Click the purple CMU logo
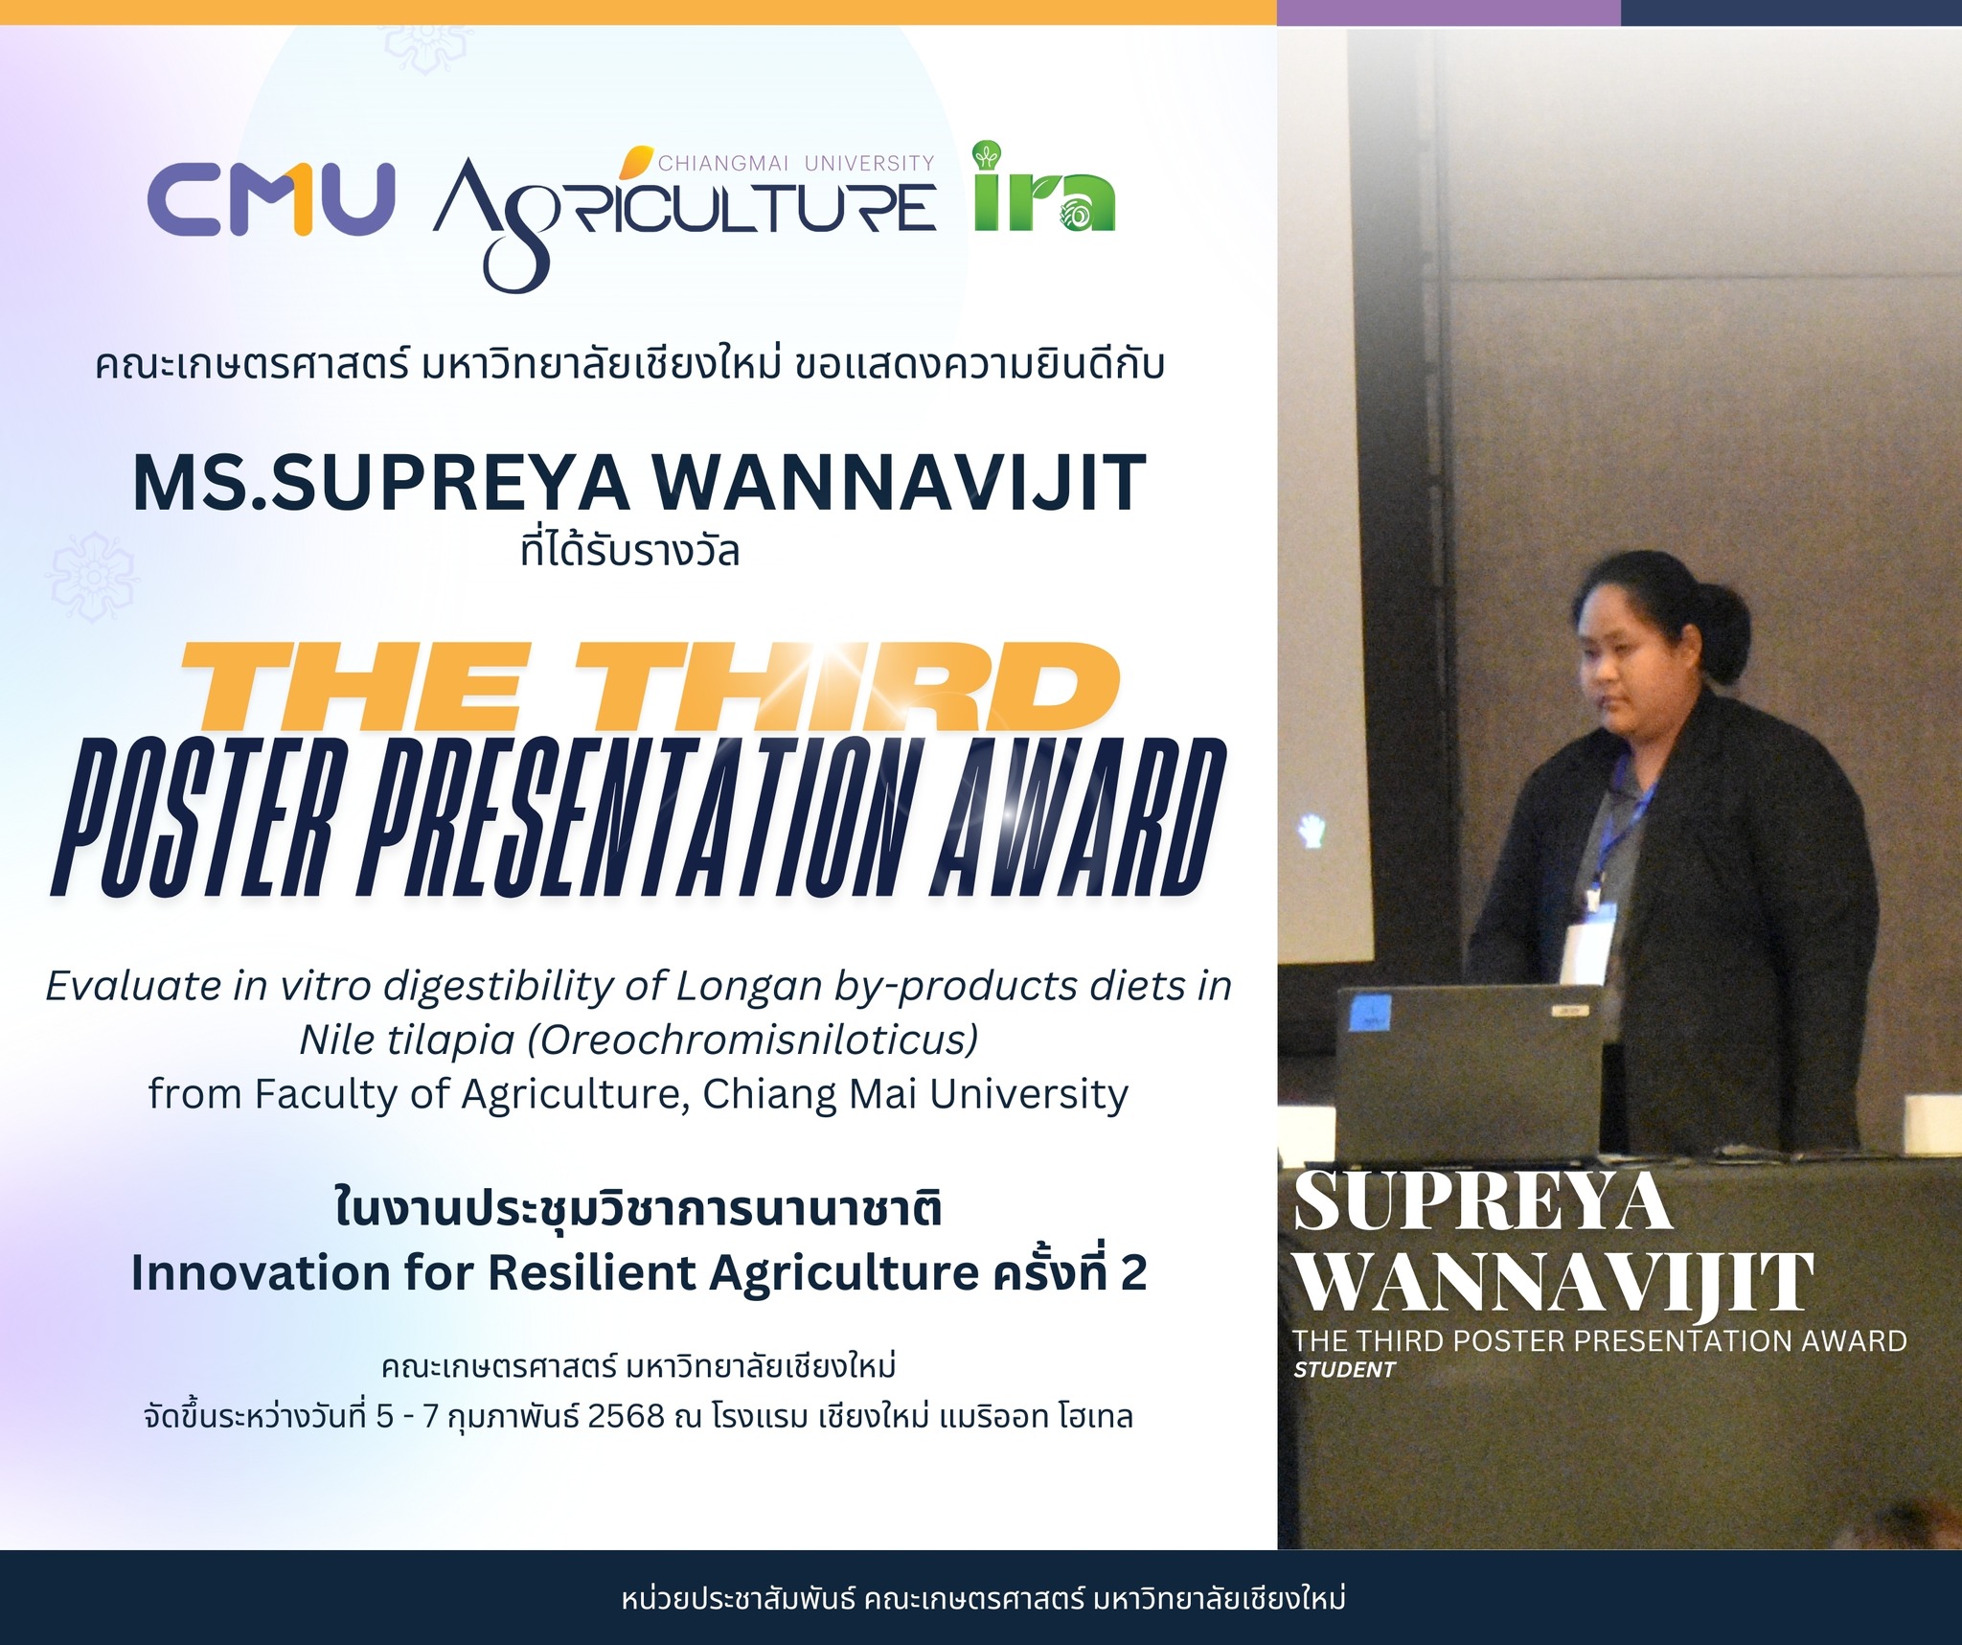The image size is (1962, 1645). click(271, 198)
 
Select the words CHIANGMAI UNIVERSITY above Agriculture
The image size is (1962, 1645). click(796, 163)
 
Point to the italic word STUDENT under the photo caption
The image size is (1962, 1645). click(1344, 1369)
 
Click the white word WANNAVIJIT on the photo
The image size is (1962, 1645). click(1553, 1280)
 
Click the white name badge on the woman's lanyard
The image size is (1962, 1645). click(1586, 952)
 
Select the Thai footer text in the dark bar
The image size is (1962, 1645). click(983, 1598)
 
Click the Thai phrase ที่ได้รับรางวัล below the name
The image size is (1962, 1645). click(629, 552)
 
